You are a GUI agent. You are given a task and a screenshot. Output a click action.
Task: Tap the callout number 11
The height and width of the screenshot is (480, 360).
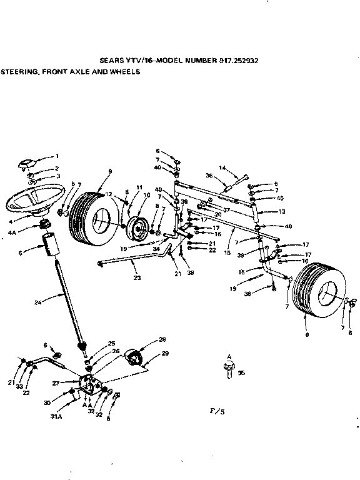point(139,187)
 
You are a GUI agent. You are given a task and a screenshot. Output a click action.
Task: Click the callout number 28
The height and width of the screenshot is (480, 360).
point(162,340)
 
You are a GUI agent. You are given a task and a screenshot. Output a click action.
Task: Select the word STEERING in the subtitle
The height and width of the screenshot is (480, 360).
point(19,72)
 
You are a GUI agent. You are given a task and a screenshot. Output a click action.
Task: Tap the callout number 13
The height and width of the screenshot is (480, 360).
point(281,211)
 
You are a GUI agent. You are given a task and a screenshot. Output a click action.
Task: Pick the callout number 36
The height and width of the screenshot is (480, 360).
point(209,176)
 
